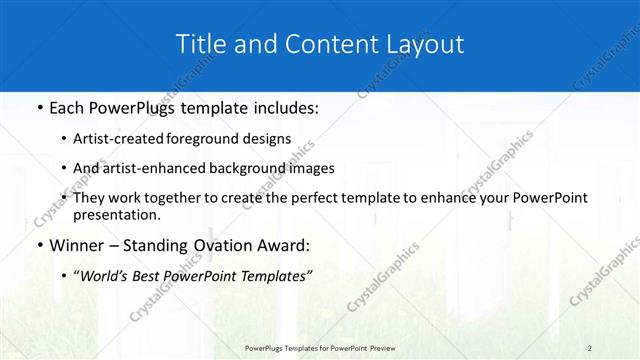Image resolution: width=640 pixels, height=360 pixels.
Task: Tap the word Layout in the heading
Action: pyautogui.click(x=424, y=44)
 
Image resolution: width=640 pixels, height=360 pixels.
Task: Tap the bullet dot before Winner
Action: pyautogui.click(x=38, y=245)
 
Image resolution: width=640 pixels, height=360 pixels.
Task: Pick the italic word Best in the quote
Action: pyautogui.click(x=161, y=277)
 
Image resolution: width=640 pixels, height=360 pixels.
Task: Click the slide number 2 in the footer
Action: pyautogui.click(x=590, y=347)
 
